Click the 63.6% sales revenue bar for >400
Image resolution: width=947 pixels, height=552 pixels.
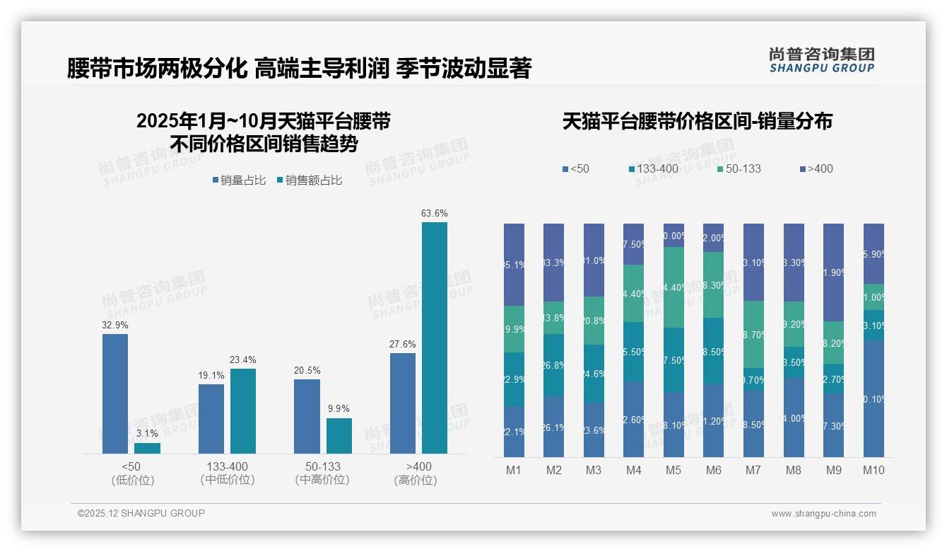(435, 338)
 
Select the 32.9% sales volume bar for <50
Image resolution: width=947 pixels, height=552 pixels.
(115, 393)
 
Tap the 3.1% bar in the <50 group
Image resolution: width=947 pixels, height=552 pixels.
(147, 448)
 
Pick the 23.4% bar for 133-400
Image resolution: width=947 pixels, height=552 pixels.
(243, 410)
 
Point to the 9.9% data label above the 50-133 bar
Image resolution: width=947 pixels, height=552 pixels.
(339, 408)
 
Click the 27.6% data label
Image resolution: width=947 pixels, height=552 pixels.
(402, 344)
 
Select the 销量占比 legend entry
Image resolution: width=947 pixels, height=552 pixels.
(239, 180)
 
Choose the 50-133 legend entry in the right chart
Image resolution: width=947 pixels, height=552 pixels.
(739, 168)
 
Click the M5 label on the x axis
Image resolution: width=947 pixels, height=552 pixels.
(674, 470)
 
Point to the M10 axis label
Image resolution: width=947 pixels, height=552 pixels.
(874, 470)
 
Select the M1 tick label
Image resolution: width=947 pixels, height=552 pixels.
(514, 470)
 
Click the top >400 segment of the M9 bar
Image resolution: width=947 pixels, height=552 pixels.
(834, 272)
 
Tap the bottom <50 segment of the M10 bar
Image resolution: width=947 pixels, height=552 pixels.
(874, 398)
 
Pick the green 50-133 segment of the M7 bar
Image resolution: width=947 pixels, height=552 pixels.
(754, 334)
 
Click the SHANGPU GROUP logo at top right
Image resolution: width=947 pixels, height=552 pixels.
(821, 60)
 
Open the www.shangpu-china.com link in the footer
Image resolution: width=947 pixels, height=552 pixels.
(823, 514)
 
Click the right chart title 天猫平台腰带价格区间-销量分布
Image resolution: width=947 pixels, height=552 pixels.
(697, 121)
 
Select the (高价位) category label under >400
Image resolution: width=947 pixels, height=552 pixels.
(415, 480)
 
